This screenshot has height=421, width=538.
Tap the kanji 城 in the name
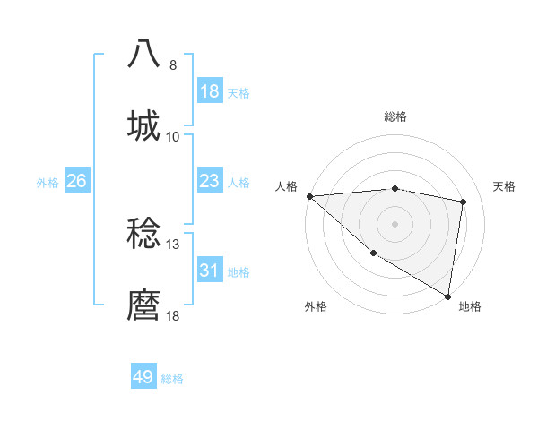(x=143, y=125)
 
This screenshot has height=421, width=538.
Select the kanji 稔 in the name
(x=143, y=234)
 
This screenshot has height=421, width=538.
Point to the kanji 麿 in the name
(x=143, y=305)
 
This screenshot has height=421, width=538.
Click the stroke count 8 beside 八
(x=173, y=65)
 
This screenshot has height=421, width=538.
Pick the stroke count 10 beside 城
(x=173, y=137)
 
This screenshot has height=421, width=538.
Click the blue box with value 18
(x=209, y=91)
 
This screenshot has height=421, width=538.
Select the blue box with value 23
(x=209, y=181)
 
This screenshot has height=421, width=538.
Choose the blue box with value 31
(x=209, y=271)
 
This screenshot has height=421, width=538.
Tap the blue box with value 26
(x=77, y=181)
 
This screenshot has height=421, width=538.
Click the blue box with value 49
(x=143, y=377)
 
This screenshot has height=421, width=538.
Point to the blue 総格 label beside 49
(x=173, y=379)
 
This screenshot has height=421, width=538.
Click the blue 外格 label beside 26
(x=48, y=183)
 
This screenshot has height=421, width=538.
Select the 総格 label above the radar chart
(x=395, y=116)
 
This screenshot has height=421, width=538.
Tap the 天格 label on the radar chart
(x=505, y=186)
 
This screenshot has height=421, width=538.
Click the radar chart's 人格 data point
(x=309, y=195)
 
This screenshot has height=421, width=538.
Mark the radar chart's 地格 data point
(x=447, y=296)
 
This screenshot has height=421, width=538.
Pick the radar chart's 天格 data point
(x=464, y=202)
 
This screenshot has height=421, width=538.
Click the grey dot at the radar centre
(x=395, y=223)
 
